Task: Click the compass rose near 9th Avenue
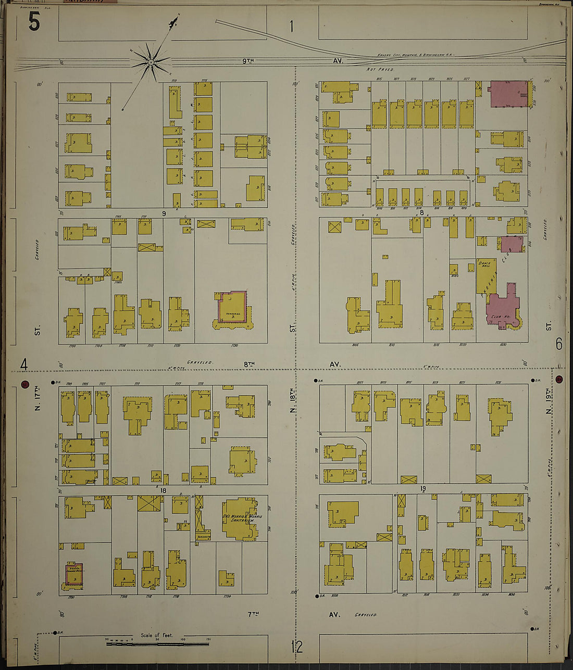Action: (151, 63)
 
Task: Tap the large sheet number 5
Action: (34, 22)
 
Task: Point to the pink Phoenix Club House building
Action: (501, 306)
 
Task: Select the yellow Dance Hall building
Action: (486, 274)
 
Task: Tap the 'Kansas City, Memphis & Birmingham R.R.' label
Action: (416, 55)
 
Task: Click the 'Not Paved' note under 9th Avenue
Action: (380, 69)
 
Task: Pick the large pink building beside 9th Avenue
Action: (508, 94)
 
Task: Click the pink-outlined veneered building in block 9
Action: (232, 308)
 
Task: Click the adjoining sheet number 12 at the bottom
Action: (296, 647)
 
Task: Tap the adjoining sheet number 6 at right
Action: (559, 344)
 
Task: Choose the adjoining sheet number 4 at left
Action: (23, 364)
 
